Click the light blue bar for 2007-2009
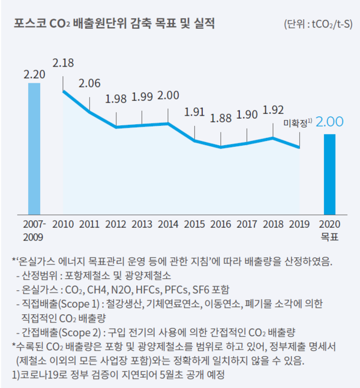click(x=34, y=148)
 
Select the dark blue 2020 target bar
click(x=329, y=173)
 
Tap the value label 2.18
click(x=64, y=63)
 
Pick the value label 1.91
click(x=194, y=112)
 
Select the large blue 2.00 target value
click(x=329, y=122)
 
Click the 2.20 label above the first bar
click(x=34, y=74)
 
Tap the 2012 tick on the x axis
click(x=116, y=224)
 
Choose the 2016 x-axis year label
click(x=221, y=224)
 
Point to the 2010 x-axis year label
click(x=64, y=224)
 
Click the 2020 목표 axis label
click(x=329, y=230)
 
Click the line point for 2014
click(x=169, y=124)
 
